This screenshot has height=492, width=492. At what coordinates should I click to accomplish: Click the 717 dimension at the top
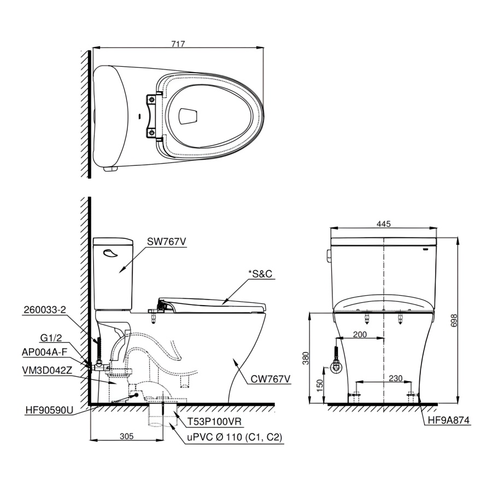(x=178, y=44)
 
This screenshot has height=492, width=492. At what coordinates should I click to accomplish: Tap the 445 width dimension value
(x=384, y=224)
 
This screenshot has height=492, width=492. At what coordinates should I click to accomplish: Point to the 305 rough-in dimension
(x=127, y=436)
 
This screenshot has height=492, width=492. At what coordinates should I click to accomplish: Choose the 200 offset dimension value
(x=360, y=335)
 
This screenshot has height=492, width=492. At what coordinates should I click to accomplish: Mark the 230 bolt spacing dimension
(x=395, y=378)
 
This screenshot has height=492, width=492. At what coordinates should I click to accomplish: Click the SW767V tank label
(x=167, y=242)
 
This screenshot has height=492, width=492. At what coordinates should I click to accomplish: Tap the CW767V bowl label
(x=271, y=379)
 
